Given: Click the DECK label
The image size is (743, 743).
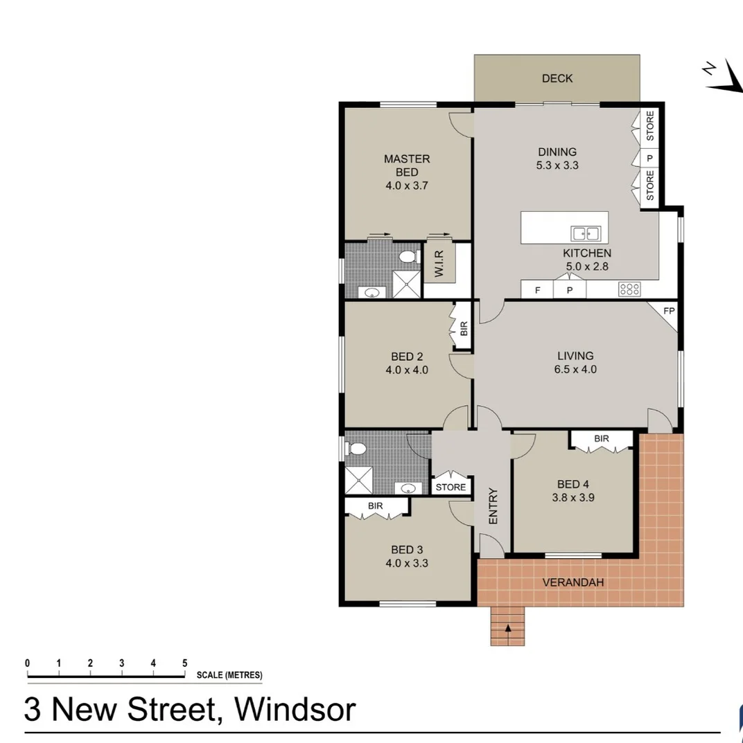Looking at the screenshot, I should click(x=557, y=78).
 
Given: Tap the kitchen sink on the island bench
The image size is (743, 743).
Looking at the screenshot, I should click(x=586, y=233).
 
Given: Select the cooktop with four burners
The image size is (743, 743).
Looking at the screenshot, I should click(x=629, y=289).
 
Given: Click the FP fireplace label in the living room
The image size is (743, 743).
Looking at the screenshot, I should click(x=668, y=311).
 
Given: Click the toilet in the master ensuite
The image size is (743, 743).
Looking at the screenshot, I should click(x=408, y=258).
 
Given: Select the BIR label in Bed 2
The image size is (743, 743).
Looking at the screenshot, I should click(x=464, y=328).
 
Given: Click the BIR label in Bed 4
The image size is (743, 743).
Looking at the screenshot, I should click(x=601, y=438).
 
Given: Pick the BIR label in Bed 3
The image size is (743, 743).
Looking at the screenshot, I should click(x=376, y=506).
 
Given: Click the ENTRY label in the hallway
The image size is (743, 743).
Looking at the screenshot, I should click(x=493, y=506).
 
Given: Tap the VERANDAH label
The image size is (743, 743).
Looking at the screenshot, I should click(x=572, y=582).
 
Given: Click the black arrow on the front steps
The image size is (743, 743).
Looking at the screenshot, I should click(x=508, y=629).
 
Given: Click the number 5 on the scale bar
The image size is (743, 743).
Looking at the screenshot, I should click(x=184, y=663).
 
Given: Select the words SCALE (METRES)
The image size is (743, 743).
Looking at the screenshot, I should click(x=229, y=676).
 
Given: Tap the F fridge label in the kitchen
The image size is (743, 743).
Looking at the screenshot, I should click(x=537, y=290).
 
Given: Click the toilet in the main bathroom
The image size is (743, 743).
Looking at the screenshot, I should click(x=357, y=449).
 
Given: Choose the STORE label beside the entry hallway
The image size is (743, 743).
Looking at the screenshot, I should click(x=451, y=487).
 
